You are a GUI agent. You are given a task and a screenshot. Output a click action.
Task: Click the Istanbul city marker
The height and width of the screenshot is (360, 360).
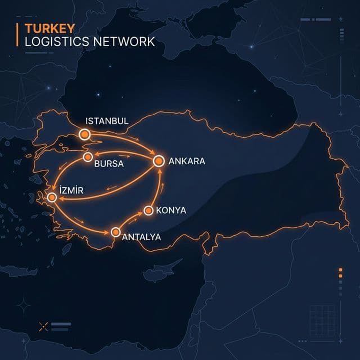[x=85, y=134]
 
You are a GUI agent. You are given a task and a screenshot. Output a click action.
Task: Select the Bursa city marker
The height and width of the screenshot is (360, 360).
[x=88, y=157]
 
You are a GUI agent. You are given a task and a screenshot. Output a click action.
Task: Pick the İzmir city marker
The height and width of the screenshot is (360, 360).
[x=52, y=197]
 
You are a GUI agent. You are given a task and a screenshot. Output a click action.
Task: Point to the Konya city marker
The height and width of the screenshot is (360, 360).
[x=148, y=210]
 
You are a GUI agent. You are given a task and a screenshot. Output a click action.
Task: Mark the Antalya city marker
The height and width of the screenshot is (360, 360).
[x=116, y=232]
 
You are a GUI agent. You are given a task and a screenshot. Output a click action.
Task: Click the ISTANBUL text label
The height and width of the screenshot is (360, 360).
[x=107, y=121]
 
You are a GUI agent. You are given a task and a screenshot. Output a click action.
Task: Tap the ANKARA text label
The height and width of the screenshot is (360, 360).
[x=187, y=161]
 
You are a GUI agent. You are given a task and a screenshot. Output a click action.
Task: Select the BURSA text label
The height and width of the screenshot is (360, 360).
[x=109, y=164]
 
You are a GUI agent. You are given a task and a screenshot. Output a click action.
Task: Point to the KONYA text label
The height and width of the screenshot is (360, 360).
[x=171, y=211]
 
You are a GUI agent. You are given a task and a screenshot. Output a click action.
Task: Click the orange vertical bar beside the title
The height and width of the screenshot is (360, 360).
[x=19, y=35]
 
